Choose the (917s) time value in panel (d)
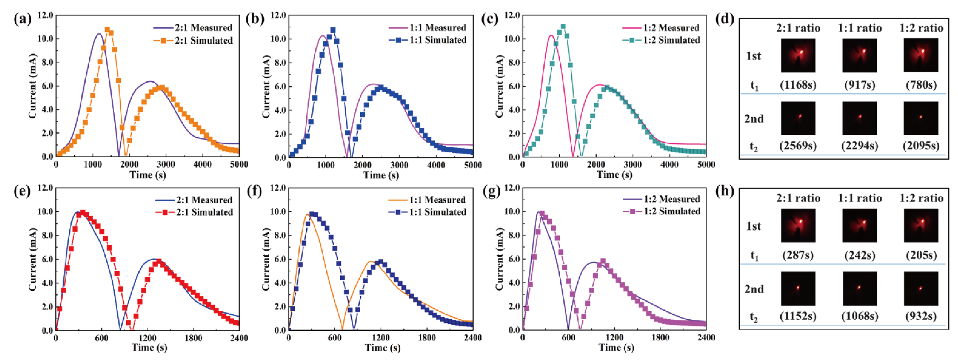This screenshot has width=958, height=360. (x=860, y=85)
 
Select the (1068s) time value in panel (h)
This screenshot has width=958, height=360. (x=860, y=316)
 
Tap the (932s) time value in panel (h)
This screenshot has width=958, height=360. (x=921, y=316)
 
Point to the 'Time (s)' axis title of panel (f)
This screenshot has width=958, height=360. (x=382, y=348)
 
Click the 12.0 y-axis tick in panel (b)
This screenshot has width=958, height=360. (x=278, y=16)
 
